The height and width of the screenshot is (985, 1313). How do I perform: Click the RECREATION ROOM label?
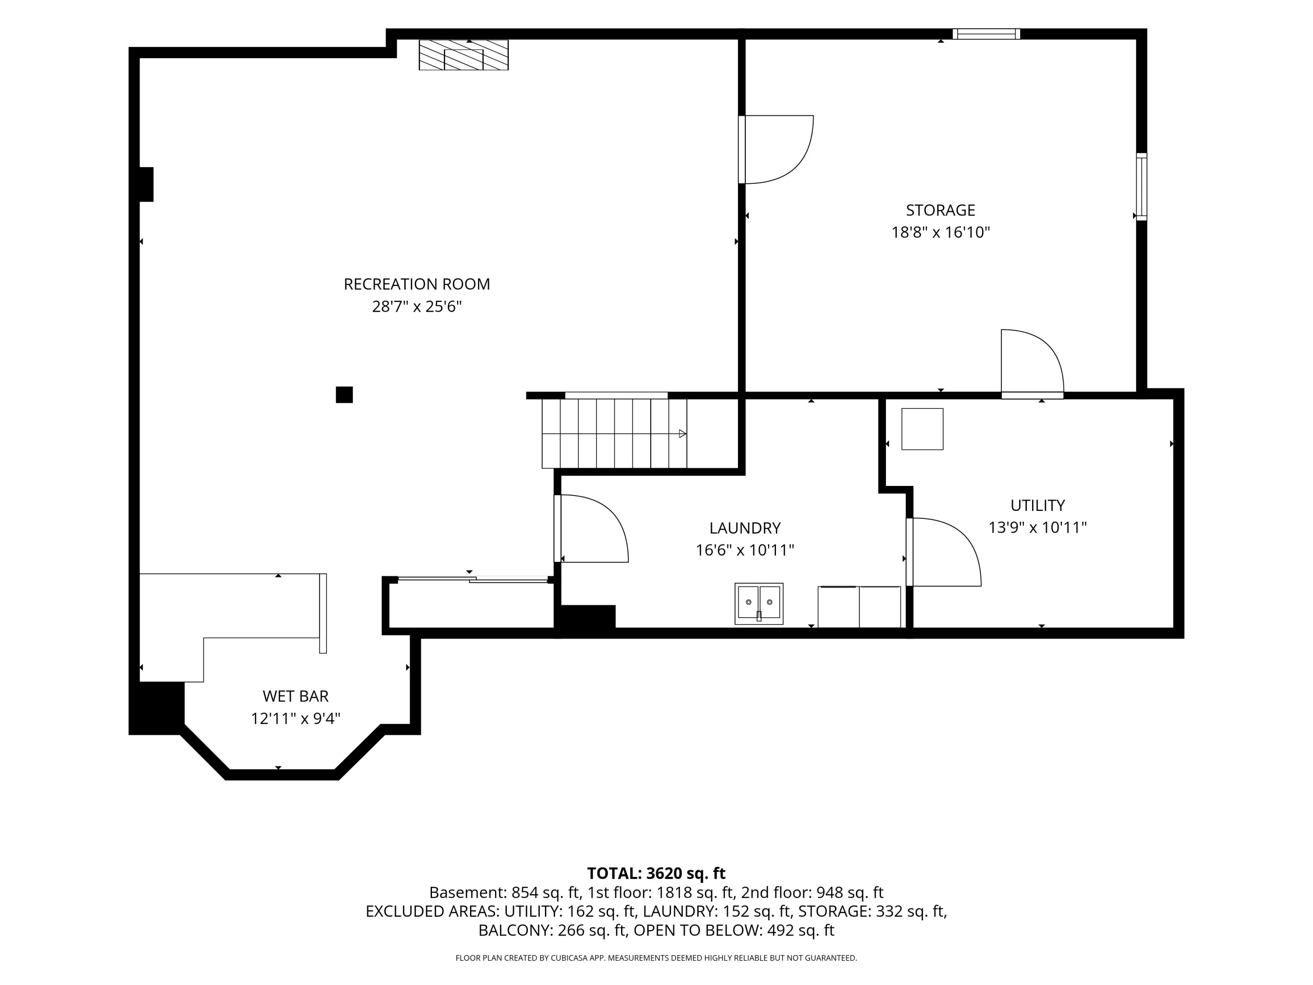click(x=417, y=285)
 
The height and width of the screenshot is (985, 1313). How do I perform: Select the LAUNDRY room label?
click(x=745, y=528)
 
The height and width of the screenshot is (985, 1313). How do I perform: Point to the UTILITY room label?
click(x=1038, y=505)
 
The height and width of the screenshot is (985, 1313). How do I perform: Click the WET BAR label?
click(x=295, y=696)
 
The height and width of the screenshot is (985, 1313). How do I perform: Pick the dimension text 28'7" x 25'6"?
click(x=417, y=307)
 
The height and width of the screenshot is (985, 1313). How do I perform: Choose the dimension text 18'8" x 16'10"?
click(x=941, y=232)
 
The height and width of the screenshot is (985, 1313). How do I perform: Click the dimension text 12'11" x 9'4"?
click(x=295, y=718)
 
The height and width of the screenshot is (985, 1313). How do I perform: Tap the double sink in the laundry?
click(x=758, y=603)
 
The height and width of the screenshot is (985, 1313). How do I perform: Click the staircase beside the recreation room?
click(x=614, y=433)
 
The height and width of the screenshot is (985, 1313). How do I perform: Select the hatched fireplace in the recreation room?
click(x=463, y=55)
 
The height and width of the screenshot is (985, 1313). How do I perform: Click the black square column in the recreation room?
click(x=344, y=395)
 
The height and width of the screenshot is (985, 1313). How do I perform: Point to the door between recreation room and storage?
click(x=776, y=150)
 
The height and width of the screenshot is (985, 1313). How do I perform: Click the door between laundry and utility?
click(x=943, y=552)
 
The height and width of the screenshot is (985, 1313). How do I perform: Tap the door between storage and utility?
click(x=1032, y=364)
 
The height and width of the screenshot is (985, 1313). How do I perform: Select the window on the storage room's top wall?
click(x=987, y=34)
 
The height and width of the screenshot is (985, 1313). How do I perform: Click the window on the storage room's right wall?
click(x=1141, y=186)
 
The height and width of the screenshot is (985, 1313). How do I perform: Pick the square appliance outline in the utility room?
click(x=923, y=429)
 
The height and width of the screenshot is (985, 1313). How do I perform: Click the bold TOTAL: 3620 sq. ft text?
click(x=656, y=873)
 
